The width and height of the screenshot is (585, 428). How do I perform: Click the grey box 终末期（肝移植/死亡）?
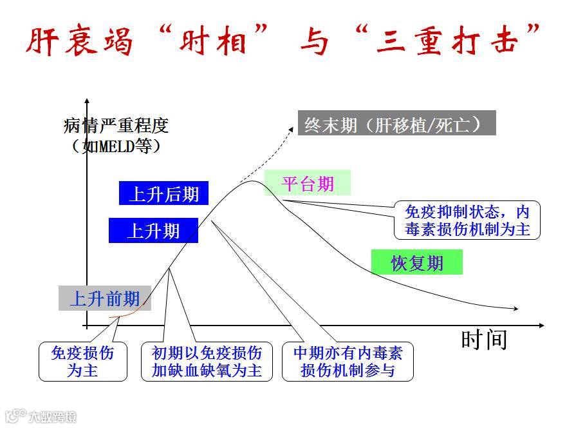[x=396, y=123]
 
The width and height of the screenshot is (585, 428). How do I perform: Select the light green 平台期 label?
[x=308, y=183]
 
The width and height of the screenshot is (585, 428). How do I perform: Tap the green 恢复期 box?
[x=417, y=263]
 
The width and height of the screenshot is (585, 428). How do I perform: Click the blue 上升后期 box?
[x=163, y=193]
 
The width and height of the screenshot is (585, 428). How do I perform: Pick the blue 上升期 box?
[x=153, y=230]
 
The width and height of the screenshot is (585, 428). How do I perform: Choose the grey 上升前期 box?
[x=104, y=298]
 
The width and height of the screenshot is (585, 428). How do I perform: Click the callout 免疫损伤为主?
[x=82, y=362]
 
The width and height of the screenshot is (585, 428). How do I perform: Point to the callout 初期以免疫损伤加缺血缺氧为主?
[x=207, y=362]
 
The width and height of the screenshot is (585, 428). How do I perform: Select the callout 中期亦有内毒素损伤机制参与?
[x=348, y=362]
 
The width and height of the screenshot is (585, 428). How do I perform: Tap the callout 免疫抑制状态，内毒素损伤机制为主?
[x=467, y=220]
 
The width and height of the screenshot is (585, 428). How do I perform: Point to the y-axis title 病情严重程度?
[x=116, y=125]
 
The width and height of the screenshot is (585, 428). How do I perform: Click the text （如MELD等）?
[x=116, y=146]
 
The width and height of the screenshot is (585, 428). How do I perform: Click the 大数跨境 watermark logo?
[x=40, y=416]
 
